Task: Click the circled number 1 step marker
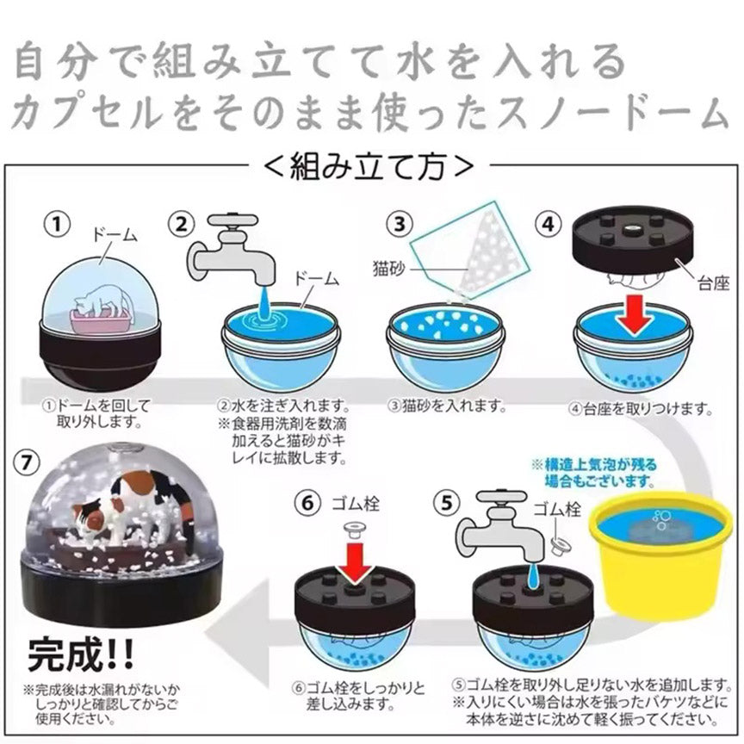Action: (57, 224)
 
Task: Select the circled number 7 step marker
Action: (27, 462)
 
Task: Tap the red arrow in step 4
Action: (635, 314)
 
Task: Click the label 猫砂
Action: (389, 269)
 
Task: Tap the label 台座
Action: (713, 283)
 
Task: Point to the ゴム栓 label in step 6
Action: (355, 504)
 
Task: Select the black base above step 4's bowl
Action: (633, 241)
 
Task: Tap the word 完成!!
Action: (81, 655)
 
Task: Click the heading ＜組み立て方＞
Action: (369, 166)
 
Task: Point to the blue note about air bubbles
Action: (595, 473)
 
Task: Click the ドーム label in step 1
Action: (115, 235)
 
